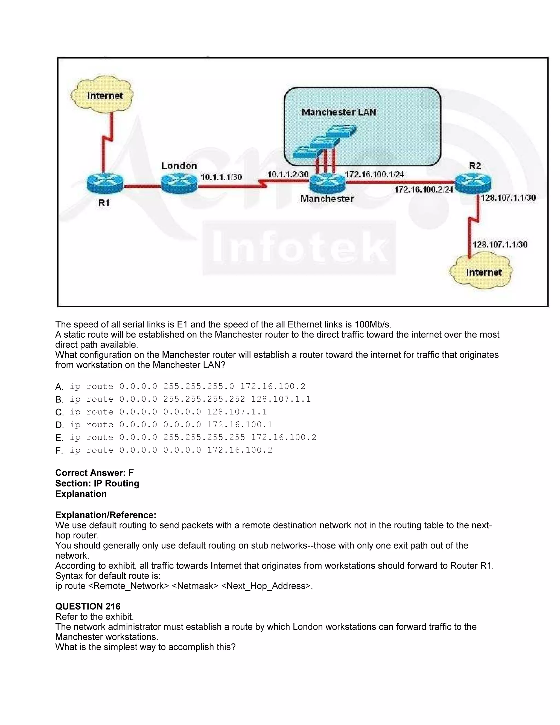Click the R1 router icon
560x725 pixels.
coord(104,183)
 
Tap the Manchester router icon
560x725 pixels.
coord(327,184)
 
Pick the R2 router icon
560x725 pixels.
coord(473,183)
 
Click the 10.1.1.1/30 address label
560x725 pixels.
coord(221,177)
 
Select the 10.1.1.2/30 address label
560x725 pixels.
coord(288,174)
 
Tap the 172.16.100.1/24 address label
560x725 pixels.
coord(374,174)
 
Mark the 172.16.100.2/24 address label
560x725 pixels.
coord(423,190)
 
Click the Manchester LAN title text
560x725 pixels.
coord(339,112)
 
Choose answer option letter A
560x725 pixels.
coord(59,387)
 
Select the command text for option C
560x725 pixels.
coord(168,412)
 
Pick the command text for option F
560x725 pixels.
coord(171,450)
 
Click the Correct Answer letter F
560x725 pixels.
coord(131,473)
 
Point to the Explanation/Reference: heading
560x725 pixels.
coord(106,515)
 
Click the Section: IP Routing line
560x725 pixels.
coord(97,483)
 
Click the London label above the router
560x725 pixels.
coord(179,166)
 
